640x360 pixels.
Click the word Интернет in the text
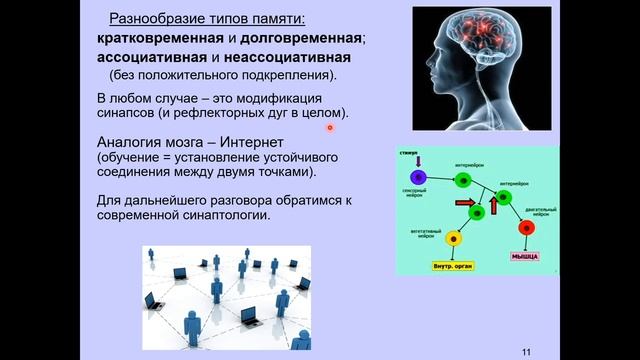click(248, 143)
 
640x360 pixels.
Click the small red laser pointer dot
click(329, 127)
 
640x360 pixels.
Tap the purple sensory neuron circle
click(419, 178)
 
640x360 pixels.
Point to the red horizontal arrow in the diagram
click(465, 203)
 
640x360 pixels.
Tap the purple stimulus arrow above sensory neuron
click(419, 161)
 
